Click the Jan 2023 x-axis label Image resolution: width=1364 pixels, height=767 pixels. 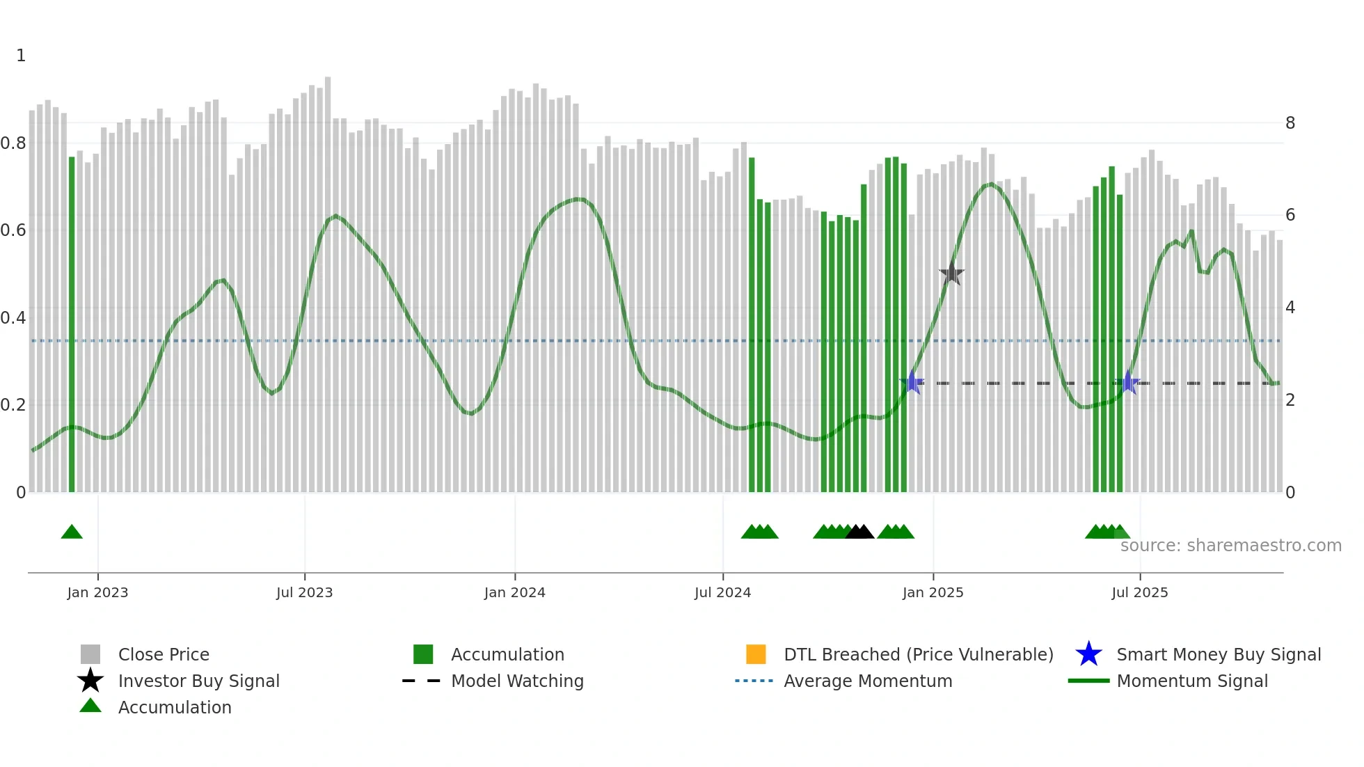pos(97,592)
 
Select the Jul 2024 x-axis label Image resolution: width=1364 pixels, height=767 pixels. pos(722,592)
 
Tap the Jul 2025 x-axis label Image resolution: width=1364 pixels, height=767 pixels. pos(1139,592)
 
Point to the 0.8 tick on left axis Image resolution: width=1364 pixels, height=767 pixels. pos(14,143)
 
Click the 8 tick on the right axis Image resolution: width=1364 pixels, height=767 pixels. pos(1290,123)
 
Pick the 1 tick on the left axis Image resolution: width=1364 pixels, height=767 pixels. pos(21,56)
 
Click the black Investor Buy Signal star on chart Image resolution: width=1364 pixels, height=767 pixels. pos(951,274)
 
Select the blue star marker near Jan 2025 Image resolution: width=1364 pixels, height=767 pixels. pos(912,383)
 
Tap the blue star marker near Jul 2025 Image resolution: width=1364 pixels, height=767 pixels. pos(1128,383)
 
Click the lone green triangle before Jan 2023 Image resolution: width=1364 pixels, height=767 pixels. pos(72,532)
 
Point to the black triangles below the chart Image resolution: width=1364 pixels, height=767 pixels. pos(859,532)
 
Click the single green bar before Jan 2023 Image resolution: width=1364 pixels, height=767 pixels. pos(72,324)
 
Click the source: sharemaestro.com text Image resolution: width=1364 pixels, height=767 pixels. pos(1230,546)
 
